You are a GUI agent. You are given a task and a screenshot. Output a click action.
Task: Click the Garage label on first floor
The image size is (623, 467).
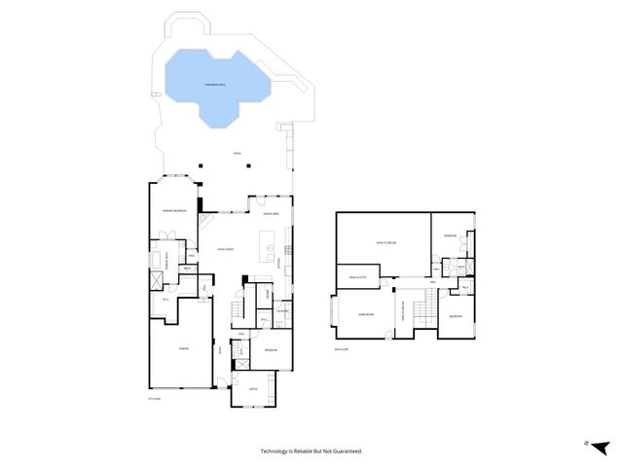point(181,347)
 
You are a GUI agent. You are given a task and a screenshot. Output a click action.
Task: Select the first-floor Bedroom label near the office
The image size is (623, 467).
point(271,350)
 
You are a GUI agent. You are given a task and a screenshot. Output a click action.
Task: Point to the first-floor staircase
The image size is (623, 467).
point(237,310)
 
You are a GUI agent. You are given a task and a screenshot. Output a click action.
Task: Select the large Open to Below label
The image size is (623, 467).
point(385,242)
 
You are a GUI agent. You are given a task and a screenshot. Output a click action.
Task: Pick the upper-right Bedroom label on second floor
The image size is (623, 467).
point(450,235)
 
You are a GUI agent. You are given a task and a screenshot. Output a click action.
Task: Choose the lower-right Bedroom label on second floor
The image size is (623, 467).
point(456,316)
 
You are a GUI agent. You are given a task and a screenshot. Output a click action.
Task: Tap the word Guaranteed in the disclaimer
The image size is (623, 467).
point(342,451)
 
